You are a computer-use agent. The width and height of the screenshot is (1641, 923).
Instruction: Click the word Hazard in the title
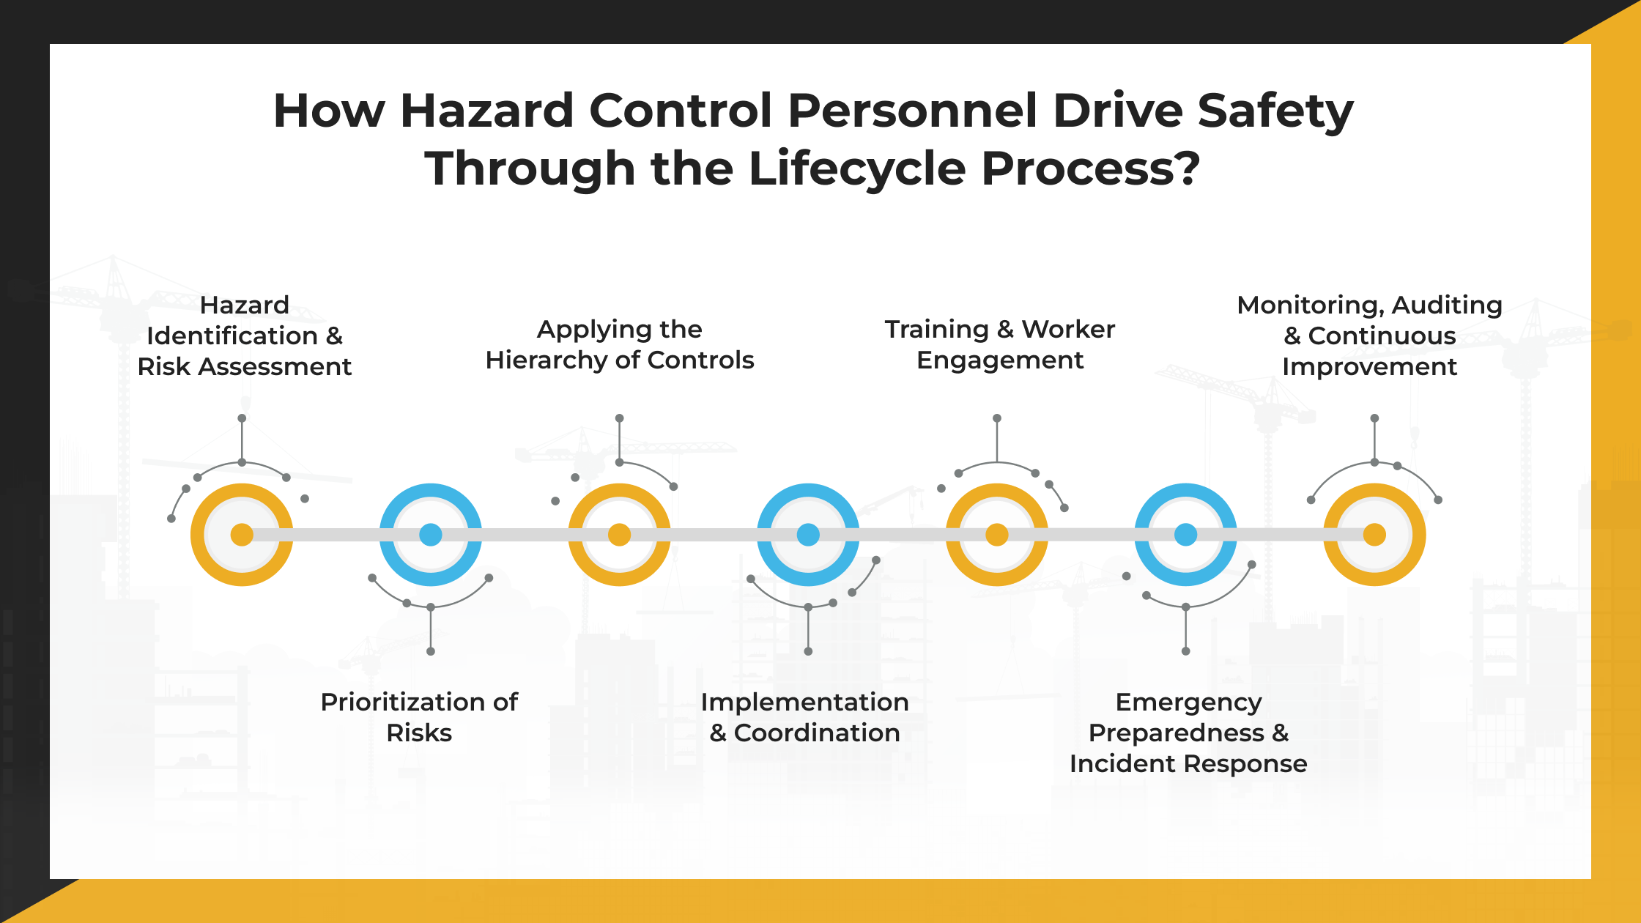tap(486, 111)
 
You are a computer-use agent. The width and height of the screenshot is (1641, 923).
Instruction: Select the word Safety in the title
tap(1275, 111)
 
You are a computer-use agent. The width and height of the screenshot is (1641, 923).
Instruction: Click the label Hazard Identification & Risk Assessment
tap(245, 336)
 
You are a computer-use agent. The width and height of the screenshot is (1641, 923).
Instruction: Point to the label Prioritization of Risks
tap(419, 717)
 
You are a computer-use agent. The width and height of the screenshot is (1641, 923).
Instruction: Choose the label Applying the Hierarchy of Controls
tap(620, 344)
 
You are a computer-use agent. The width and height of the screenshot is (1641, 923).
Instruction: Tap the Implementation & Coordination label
tap(805, 717)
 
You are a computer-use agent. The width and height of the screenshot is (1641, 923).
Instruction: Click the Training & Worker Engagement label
tap(1000, 344)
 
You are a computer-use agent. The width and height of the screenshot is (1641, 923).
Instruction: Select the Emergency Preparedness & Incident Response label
tap(1188, 733)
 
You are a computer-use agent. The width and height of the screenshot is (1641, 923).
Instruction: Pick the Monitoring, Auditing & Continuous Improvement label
tap(1370, 336)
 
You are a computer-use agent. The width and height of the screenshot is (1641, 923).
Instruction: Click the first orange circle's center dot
tap(242, 535)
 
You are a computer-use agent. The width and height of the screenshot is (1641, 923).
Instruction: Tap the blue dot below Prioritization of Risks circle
tap(431, 535)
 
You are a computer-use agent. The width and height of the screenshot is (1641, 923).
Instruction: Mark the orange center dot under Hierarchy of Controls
tap(620, 535)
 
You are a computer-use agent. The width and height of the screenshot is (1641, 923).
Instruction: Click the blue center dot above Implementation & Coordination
tap(808, 535)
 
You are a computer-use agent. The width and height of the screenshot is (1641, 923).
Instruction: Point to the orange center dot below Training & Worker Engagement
tap(997, 535)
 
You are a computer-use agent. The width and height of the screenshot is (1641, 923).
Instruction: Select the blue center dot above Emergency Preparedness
tap(1186, 535)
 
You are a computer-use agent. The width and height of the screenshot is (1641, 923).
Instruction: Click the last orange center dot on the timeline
tap(1374, 535)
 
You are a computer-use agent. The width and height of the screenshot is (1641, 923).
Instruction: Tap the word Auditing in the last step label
tap(1447, 305)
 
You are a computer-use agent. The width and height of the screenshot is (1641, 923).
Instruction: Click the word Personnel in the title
tap(912, 111)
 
